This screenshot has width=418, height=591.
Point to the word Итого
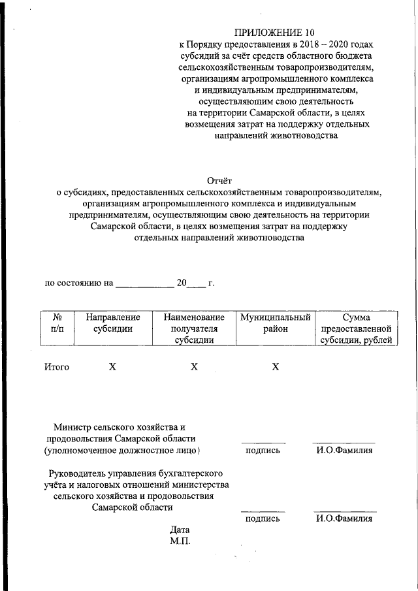click(x=57, y=367)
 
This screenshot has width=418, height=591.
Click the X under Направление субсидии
click(x=112, y=367)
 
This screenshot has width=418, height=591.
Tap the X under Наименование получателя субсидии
click(x=194, y=367)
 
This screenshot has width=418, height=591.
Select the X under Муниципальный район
click(x=276, y=367)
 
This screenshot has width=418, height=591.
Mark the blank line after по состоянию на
click(x=144, y=286)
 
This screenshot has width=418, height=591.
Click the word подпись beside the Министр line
click(x=263, y=451)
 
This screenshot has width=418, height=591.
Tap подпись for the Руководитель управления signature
click(x=263, y=519)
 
